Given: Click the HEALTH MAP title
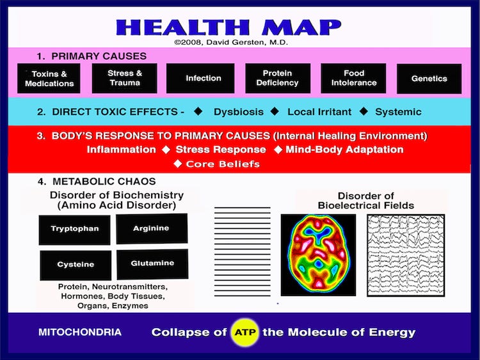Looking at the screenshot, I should coord(228,27).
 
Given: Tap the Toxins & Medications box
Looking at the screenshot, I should coord(49,79).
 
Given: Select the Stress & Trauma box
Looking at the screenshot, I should coord(125,77).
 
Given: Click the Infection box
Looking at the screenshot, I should coord(204,78).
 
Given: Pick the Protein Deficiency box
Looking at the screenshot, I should coord(277,78).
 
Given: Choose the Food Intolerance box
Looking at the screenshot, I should coord(353,78).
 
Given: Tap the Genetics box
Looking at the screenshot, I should coord(429,79).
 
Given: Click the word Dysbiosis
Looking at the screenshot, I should coord(238,112).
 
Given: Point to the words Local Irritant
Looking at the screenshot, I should coord(319,112).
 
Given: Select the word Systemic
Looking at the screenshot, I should coord(398,112).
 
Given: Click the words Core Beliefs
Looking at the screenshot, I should coord(223,164).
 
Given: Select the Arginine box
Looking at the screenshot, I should coord(152,228).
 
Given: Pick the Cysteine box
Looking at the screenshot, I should coord(76,265).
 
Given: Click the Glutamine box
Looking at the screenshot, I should coord(152,263).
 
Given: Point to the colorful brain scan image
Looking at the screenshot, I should coord(318,254).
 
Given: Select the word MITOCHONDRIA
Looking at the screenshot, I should coord(80,333).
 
